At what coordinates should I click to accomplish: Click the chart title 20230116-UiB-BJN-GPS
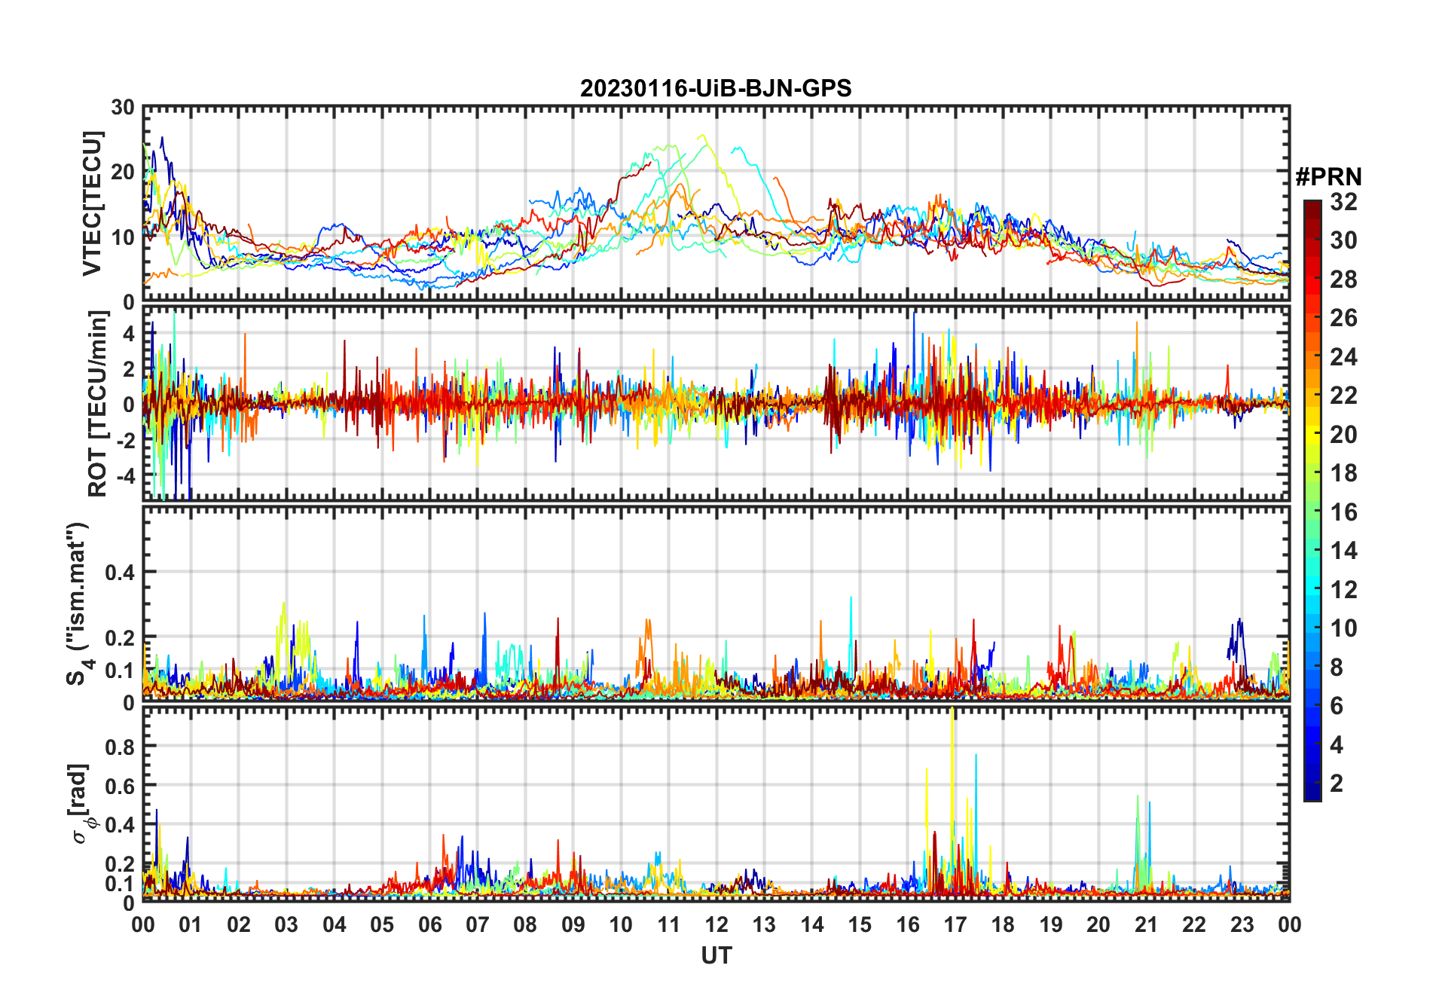(716, 89)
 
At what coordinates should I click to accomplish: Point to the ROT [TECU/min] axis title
(97, 404)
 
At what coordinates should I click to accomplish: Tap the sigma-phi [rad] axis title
(81, 804)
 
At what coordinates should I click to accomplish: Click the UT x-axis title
(716, 956)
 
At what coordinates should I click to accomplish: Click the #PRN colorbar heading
(1328, 177)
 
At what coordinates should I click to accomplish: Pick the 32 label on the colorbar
(1343, 202)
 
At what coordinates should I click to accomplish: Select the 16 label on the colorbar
(1343, 512)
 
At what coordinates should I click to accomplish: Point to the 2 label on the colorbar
(1337, 784)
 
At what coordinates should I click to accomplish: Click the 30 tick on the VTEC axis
(123, 108)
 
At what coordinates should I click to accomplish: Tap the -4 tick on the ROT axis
(124, 476)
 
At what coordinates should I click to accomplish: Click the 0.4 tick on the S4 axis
(119, 573)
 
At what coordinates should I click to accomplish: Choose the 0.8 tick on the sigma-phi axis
(119, 747)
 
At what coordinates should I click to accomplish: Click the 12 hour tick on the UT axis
(716, 924)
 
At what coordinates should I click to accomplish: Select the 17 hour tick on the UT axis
(955, 924)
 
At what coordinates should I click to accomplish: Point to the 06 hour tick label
(429, 924)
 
